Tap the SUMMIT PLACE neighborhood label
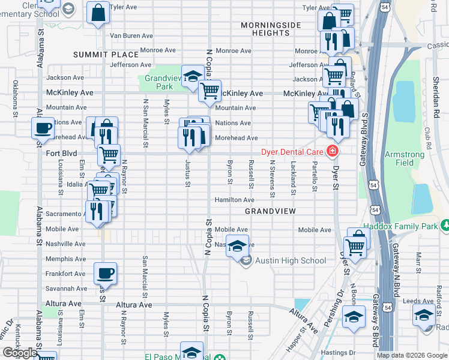(98, 55)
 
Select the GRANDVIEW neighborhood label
(268, 212)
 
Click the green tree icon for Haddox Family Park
(444, 225)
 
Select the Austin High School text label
(291, 260)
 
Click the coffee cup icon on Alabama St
(42, 128)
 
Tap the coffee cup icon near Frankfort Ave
(105, 273)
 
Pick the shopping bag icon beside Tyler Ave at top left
(98, 13)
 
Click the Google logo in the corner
(20, 353)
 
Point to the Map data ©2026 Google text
(412, 355)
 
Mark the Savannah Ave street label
(66, 289)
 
